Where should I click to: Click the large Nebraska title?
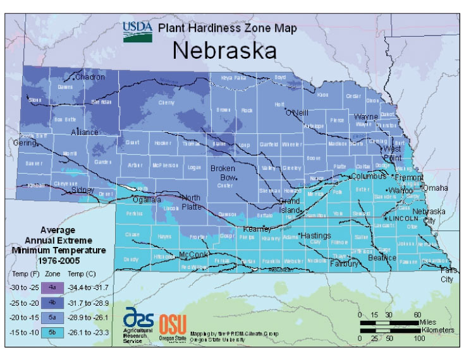click(224, 51)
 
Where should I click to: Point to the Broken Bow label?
click(223, 172)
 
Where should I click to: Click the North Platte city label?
click(190, 201)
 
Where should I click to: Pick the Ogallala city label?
click(146, 199)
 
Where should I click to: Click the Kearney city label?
click(257, 229)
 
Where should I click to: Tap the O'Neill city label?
click(296, 113)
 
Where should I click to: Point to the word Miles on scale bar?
click(428, 322)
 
